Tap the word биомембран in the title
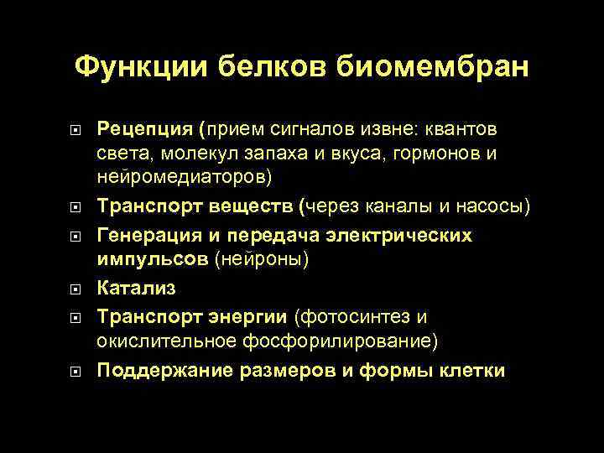click(x=433, y=66)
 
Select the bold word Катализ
click(x=136, y=288)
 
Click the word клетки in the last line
click(x=473, y=369)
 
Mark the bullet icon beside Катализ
click(x=74, y=289)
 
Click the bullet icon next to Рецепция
click(x=74, y=130)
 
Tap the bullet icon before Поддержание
click(x=74, y=370)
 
